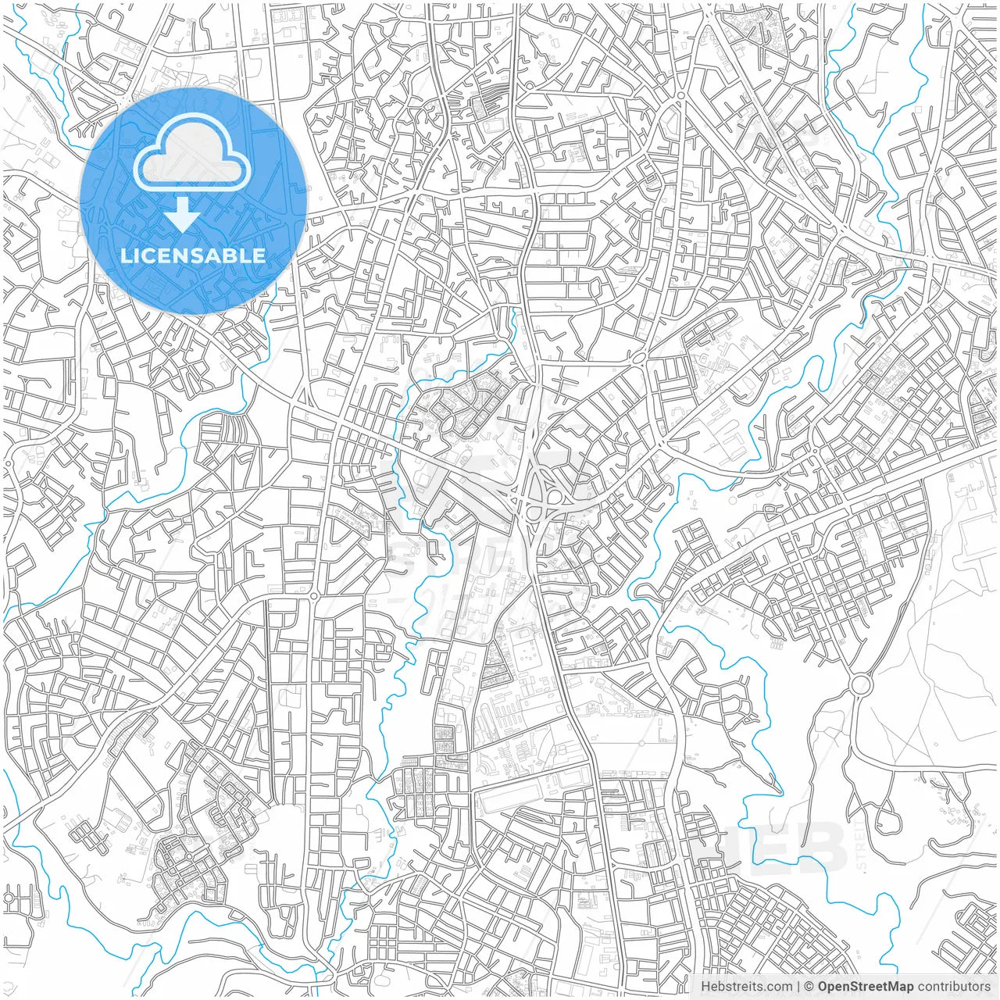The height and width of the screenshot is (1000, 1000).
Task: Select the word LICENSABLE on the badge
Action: point(192,255)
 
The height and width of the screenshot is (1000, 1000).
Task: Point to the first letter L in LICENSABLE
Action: point(125,255)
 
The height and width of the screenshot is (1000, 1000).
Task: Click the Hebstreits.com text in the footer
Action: point(746,987)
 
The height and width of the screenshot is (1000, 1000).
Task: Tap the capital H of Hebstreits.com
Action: point(705,987)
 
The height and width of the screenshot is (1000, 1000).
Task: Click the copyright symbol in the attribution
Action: point(809,987)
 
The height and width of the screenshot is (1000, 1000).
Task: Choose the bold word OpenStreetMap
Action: point(866,987)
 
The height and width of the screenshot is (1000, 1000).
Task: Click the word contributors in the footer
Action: point(954,987)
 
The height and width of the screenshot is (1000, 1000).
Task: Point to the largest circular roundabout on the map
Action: point(860,685)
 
